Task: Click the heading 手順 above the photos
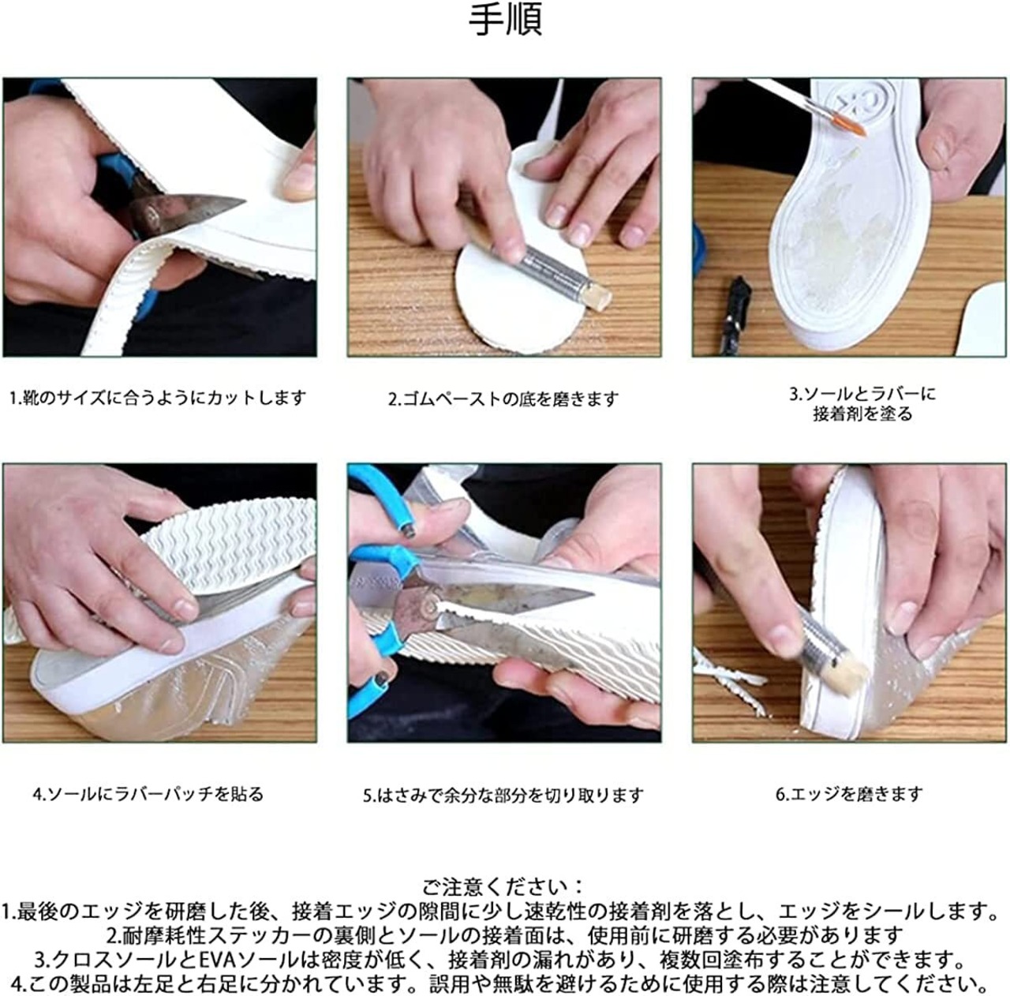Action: (x=505, y=20)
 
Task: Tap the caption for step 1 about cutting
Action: (x=158, y=398)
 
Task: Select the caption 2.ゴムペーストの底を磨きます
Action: (x=503, y=399)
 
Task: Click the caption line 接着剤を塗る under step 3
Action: (x=862, y=414)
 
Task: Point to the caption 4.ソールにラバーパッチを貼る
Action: (x=148, y=794)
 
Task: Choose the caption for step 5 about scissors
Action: (x=503, y=795)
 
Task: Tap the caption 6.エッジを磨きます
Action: (x=849, y=794)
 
